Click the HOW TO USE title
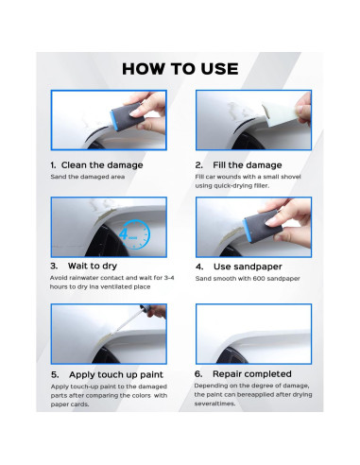(180, 68)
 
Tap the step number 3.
(54, 267)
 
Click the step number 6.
(199, 374)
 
